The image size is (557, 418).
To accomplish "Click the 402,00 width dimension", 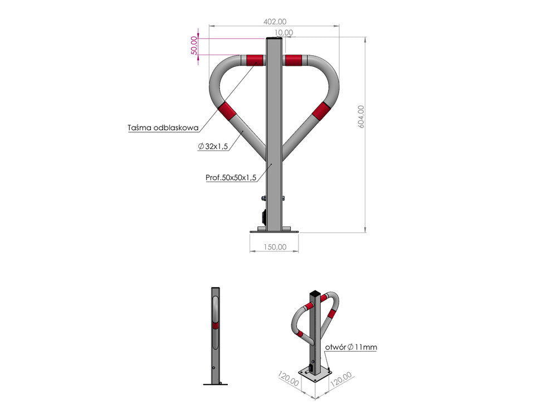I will [x=274, y=22].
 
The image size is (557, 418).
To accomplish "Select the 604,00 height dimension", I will [x=361, y=117].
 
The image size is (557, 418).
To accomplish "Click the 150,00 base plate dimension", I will [x=274, y=247].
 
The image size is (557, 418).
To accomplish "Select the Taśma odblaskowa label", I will [x=163, y=128].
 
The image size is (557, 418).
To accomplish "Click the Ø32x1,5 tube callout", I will [x=213, y=146].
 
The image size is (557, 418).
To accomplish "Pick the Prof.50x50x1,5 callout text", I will [x=231, y=178].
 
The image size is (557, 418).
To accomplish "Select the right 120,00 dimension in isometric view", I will [x=341, y=381].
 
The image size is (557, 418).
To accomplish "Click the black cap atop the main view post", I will [x=274, y=39].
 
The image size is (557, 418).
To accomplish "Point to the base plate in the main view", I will [x=274, y=230].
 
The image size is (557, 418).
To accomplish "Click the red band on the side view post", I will [x=215, y=324].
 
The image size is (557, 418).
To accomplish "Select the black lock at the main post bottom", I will [x=262, y=217].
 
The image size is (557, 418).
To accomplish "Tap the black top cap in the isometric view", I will [x=315, y=293].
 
